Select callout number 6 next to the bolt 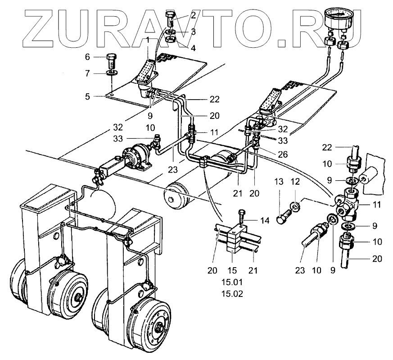[x=88, y=57]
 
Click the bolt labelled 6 [x=111, y=60]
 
